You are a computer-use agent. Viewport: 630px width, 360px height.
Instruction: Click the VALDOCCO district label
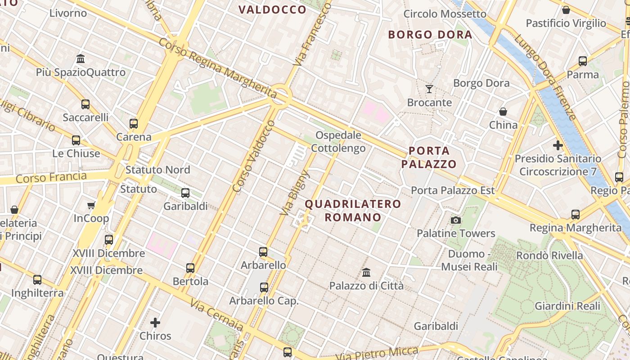272,10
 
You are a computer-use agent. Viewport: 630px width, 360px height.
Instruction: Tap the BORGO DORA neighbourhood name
430,35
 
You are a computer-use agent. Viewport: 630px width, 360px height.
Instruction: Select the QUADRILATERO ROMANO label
353,211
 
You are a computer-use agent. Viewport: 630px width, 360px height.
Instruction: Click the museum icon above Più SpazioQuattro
81,58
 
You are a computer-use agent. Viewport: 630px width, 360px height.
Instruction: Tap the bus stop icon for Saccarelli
85,104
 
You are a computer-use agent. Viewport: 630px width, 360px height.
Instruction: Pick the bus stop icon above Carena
133,123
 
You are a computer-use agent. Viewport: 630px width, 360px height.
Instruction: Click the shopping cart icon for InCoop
91,206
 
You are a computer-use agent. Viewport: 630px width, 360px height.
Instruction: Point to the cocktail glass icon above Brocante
429,89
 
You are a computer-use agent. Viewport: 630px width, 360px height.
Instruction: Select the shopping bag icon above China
503,112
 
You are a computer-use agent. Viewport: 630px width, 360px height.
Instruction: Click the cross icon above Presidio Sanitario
558,145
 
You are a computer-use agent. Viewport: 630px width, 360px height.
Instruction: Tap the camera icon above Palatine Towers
456,220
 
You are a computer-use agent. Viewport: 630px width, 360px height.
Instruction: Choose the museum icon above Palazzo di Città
366,272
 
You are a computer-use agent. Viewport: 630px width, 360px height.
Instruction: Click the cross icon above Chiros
155,323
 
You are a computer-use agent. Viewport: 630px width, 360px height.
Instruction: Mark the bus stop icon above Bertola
190,268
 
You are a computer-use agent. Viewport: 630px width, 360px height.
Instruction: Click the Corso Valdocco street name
254,156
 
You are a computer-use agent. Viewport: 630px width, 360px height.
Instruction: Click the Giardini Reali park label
567,306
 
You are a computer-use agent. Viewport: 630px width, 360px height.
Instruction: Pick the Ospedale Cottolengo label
338,141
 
